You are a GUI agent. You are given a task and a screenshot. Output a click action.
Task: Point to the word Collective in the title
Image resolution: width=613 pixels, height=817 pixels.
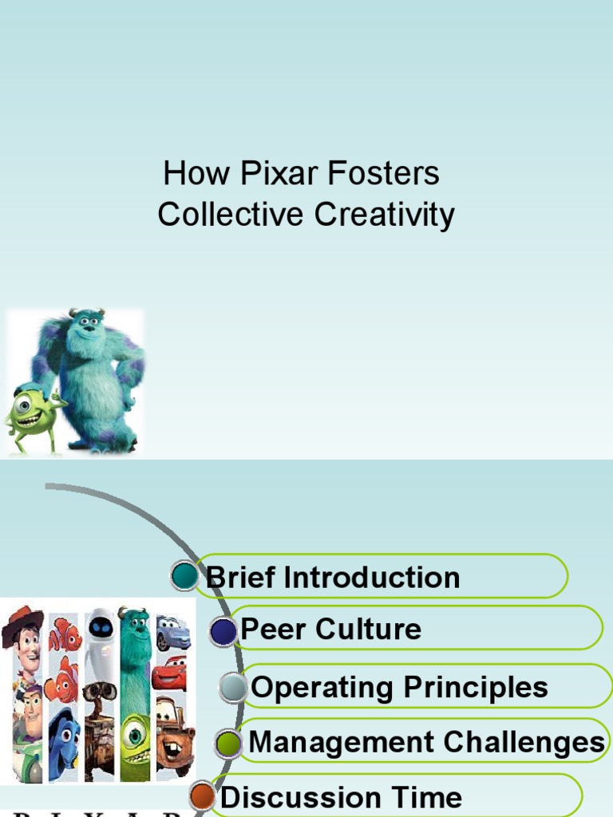[x=231, y=215]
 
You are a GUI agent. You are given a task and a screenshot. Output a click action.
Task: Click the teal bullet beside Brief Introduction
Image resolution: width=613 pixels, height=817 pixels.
[x=184, y=575]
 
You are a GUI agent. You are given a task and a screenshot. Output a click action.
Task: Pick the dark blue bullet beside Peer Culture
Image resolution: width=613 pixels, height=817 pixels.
[x=224, y=632]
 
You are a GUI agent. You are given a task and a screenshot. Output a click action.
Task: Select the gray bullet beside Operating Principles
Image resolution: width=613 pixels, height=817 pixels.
[x=234, y=688]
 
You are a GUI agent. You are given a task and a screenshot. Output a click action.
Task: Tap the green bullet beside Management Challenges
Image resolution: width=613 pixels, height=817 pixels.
[x=229, y=744]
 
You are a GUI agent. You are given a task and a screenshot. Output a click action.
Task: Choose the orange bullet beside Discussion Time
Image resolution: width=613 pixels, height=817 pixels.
[x=203, y=795]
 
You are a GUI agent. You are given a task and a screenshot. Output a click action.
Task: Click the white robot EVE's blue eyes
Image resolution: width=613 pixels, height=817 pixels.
[x=100, y=628]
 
